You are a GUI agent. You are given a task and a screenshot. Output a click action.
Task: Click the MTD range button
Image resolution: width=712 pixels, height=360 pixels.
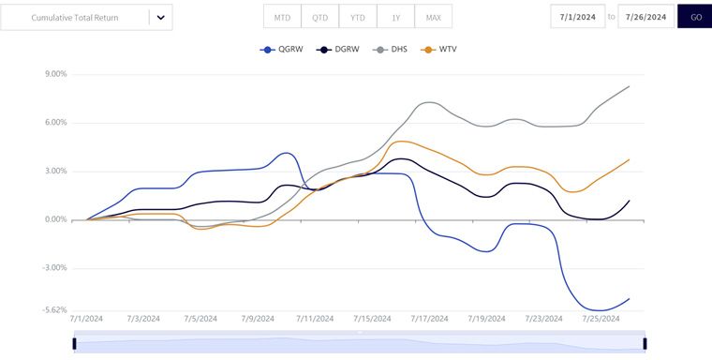point(282,16)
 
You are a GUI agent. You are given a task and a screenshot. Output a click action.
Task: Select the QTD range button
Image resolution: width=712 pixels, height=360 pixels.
point(319,16)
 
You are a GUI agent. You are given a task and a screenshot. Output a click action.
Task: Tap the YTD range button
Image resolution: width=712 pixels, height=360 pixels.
point(357,16)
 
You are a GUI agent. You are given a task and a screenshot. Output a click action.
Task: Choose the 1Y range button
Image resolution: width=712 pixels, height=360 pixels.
point(395,16)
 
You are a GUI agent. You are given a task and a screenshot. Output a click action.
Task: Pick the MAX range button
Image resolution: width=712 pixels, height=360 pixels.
point(433,16)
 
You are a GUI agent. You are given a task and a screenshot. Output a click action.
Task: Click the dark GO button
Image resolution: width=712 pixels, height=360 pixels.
point(696,16)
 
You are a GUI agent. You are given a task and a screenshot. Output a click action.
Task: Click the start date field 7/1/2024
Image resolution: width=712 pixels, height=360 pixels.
point(578,16)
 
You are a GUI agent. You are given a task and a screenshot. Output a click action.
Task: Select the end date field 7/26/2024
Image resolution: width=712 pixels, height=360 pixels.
point(645,16)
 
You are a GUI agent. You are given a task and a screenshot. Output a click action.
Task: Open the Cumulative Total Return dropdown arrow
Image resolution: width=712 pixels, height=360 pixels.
point(160,18)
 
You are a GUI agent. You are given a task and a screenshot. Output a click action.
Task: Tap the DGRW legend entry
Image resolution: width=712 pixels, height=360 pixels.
point(337,50)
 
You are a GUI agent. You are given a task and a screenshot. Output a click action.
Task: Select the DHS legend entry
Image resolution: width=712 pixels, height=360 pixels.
point(390,50)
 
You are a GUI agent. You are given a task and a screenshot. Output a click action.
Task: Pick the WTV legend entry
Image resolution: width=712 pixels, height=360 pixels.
point(438,50)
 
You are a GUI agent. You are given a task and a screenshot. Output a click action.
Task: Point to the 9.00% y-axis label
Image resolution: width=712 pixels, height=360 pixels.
point(56,74)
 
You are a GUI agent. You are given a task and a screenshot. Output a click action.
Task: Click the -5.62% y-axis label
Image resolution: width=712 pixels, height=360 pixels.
point(55,309)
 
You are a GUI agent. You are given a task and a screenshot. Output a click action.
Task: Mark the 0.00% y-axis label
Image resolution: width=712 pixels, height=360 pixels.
point(56,220)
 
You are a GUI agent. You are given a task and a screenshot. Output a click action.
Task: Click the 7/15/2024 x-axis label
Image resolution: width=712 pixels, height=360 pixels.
point(372,319)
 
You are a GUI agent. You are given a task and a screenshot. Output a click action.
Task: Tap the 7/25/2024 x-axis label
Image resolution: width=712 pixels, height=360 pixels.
point(601,319)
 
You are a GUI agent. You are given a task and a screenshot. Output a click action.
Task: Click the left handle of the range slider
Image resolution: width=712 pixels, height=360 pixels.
point(74,344)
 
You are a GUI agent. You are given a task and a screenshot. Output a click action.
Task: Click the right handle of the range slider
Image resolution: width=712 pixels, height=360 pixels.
point(645,344)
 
